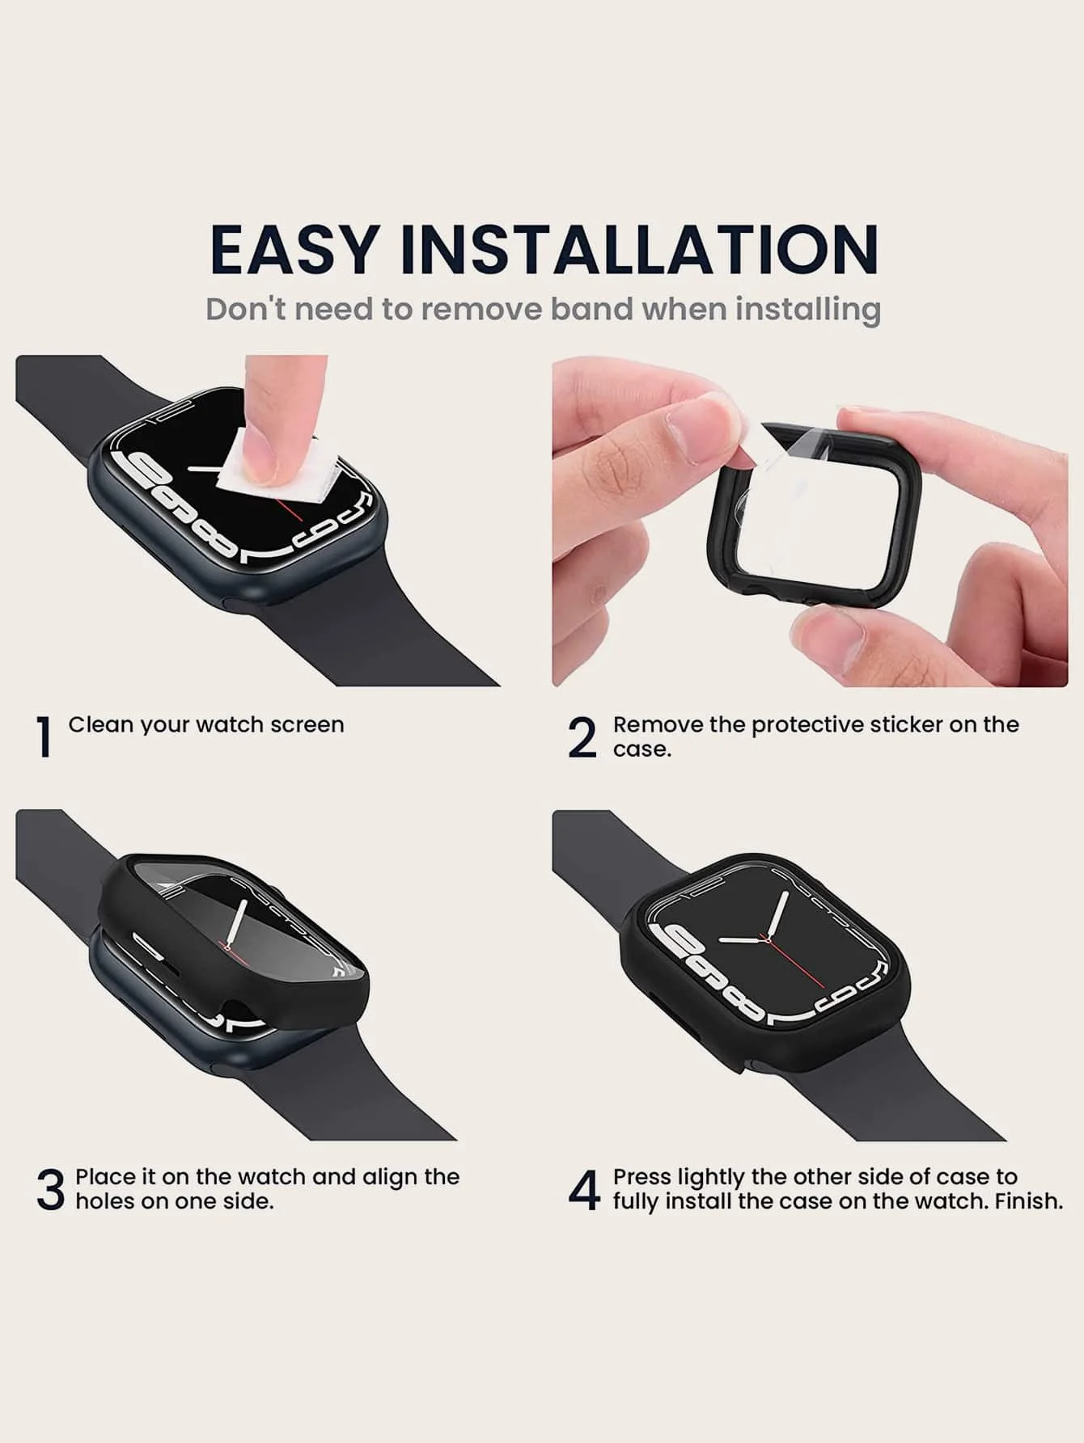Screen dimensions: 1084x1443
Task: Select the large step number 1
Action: point(44,737)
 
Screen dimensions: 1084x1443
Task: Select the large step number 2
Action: point(582,737)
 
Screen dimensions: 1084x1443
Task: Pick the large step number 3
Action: point(50,1189)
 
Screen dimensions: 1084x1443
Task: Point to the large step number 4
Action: point(584,1189)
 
